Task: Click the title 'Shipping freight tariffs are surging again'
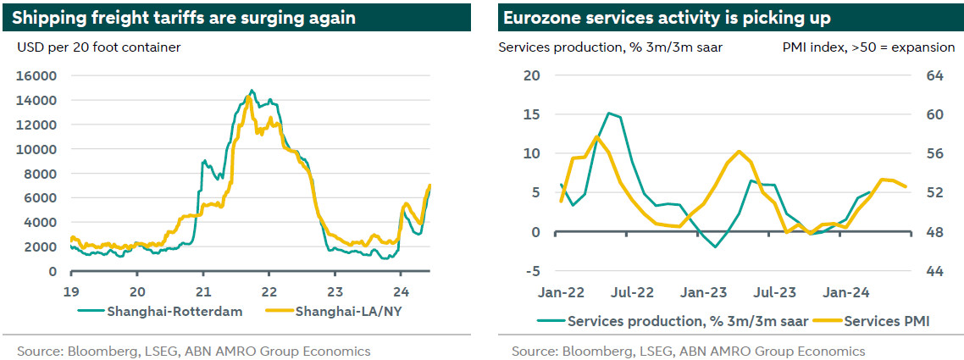click(184, 17)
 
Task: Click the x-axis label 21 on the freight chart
click(203, 287)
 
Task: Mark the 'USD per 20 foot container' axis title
click(99, 47)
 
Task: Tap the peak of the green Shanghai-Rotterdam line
click(252, 90)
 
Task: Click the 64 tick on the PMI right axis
click(935, 75)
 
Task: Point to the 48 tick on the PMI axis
click(935, 232)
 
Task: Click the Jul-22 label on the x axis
click(632, 292)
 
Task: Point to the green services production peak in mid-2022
click(608, 113)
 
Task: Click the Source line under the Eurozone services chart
click(688, 351)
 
